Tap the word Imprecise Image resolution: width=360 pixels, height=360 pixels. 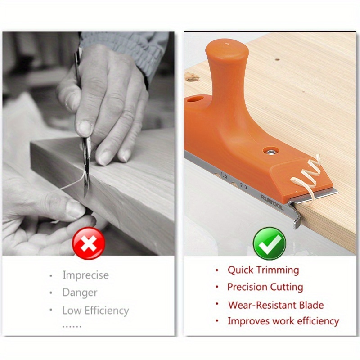pyautogui.click(x=85, y=275)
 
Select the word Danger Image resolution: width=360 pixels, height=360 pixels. pyautogui.click(x=80, y=292)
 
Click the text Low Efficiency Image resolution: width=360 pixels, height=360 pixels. pyautogui.click(x=95, y=310)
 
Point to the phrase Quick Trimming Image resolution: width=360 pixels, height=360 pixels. pyautogui.click(x=263, y=270)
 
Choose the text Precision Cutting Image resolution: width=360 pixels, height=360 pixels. pyautogui.click(x=265, y=287)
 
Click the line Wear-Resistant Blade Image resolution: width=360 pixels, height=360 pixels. pyautogui.click(x=276, y=305)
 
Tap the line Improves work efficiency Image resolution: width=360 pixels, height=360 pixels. pyautogui.click(x=283, y=321)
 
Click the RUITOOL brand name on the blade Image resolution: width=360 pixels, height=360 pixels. pyautogui.click(x=272, y=202)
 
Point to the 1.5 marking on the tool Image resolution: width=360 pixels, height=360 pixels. pyautogui.click(x=224, y=175)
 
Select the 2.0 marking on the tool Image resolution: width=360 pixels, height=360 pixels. pyautogui.click(x=243, y=186)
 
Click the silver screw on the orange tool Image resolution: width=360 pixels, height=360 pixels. pyautogui.click(x=271, y=151)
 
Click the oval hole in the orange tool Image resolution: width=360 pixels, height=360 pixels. pyautogui.click(x=195, y=99)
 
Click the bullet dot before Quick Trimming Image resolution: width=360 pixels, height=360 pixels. pyautogui.click(x=217, y=270)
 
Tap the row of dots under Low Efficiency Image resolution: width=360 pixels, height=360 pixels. pyautogui.click(x=72, y=326)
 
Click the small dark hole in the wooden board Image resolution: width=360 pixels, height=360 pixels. pyautogui.click(x=277, y=60)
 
